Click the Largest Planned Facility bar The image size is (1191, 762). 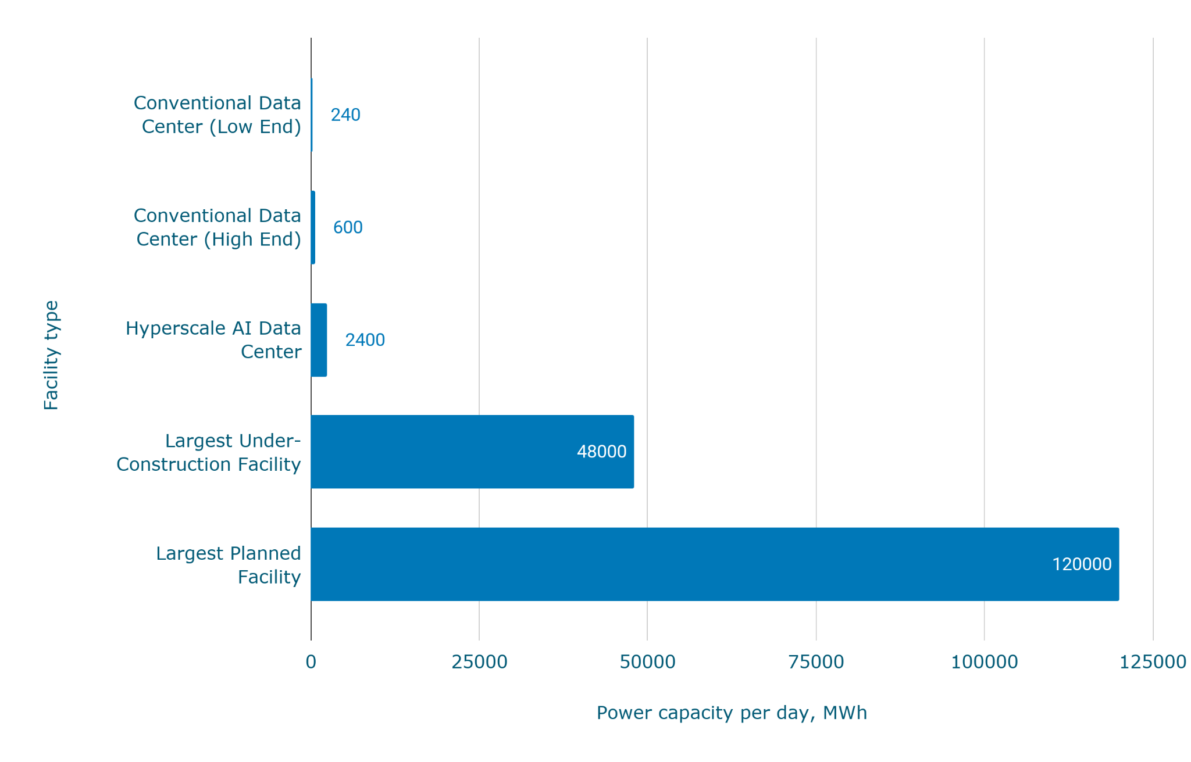pyautogui.click(x=714, y=564)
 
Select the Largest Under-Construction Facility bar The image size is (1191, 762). pyautogui.click(x=472, y=452)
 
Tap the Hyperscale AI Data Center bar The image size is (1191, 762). pyautogui.click(x=319, y=340)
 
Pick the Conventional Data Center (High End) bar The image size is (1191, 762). pyautogui.click(x=313, y=227)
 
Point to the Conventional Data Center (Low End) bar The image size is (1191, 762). pyautogui.click(x=312, y=115)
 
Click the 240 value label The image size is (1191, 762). pyautogui.click(x=345, y=115)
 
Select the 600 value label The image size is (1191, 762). pyautogui.click(x=348, y=227)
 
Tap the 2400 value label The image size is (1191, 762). pyautogui.click(x=365, y=340)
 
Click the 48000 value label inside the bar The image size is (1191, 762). pyautogui.click(x=601, y=452)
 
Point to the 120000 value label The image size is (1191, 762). pyautogui.click(x=1082, y=564)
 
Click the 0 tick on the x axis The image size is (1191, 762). pyautogui.click(x=311, y=662)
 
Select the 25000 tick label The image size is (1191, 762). pyautogui.click(x=479, y=662)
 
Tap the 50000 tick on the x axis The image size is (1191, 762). pyautogui.click(x=647, y=662)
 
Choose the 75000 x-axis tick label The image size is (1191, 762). pyautogui.click(x=816, y=662)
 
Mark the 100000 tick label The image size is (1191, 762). pyautogui.click(x=984, y=662)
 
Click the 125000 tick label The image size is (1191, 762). pyautogui.click(x=1153, y=662)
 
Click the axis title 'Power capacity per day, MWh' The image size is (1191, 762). pyautogui.click(x=732, y=713)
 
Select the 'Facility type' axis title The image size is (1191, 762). pyautogui.click(x=51, y=355)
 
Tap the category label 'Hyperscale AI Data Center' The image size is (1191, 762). pyautogui.click(x=213, y=340)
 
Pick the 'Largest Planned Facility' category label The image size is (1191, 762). pyautogui.click(x=229, y=565)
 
